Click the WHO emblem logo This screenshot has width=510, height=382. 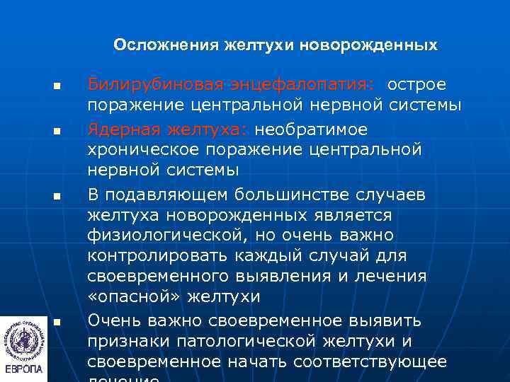pyautogui.click(x=24, y=336)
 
